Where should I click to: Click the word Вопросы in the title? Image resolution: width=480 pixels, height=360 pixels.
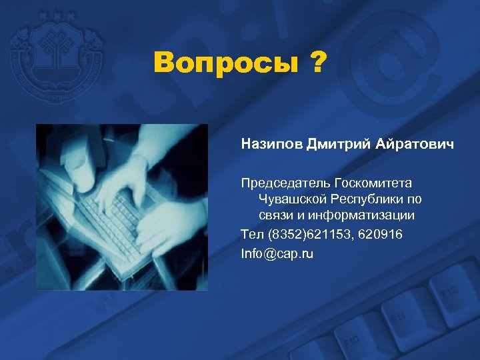coord(224,65)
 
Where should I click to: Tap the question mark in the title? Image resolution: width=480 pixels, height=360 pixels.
coord(317,65)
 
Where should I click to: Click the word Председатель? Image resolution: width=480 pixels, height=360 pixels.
coord(286,183)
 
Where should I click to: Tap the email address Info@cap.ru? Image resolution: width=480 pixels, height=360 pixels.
coord(277,253)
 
